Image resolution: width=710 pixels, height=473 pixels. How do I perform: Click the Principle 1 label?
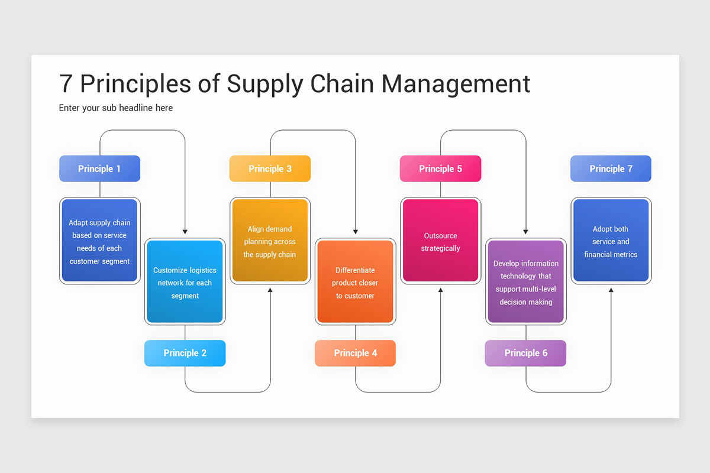click(99, 169)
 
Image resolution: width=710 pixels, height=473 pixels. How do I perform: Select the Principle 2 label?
click(185, 353)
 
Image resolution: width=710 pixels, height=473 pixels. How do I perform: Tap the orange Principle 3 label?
click(270, 169)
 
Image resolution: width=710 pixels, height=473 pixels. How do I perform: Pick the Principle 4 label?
click(355, 353)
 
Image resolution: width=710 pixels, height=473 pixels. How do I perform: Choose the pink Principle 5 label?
click(440, 169)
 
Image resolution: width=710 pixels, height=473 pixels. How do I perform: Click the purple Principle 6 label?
click(525, 353)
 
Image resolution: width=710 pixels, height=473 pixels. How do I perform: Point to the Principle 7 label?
click(611, 169)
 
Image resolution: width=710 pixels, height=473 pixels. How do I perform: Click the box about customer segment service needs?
click(99, 241)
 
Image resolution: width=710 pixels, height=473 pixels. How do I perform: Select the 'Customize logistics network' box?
click(185, 282)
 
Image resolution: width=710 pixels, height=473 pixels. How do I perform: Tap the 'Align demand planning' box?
click(270, 241)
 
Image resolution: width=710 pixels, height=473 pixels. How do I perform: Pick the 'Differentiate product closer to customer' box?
click(355, 282)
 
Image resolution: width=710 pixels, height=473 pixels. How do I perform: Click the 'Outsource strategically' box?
click(440, 241)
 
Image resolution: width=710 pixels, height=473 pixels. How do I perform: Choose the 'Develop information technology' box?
click(525, 282)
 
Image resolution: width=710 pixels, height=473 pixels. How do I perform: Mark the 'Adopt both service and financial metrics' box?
click(611, 241)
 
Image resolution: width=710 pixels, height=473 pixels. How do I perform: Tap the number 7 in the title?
click(66, 84)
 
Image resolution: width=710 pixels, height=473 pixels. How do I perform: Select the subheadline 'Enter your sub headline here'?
click(115, 108)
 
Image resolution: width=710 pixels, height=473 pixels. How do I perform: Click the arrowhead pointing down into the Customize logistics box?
click(185, 232)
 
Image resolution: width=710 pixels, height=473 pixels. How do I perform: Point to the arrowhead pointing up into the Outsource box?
click(440, 290)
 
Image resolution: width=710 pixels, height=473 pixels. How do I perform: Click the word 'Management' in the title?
click(456, 84)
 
